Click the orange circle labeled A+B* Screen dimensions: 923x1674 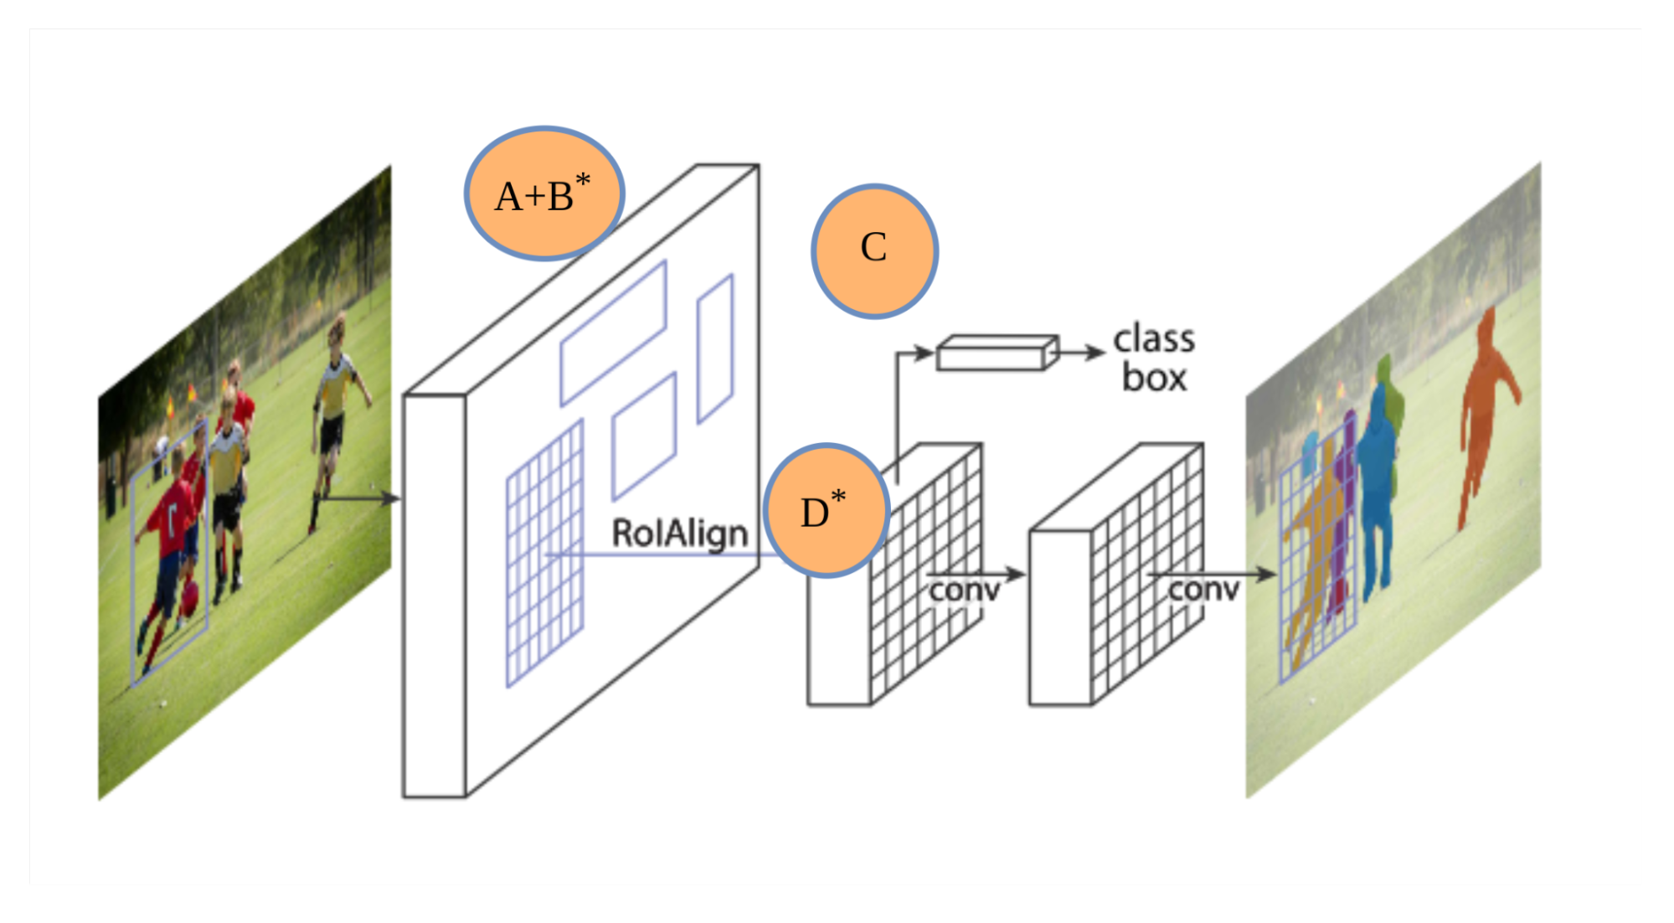tap(544, 193)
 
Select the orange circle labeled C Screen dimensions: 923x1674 tap(874, 250)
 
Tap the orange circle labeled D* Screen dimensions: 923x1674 tap(826, 510)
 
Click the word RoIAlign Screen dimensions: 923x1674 tap(679, 534)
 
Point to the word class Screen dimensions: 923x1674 tap(1154, 339)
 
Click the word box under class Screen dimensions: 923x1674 tap(1154, 378)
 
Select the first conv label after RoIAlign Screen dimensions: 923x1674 tap(964, 590)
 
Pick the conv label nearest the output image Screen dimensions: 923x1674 tap(1203, 590)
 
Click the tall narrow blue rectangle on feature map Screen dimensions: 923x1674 tap(715, 348)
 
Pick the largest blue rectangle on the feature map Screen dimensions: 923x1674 tap(613, 333)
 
